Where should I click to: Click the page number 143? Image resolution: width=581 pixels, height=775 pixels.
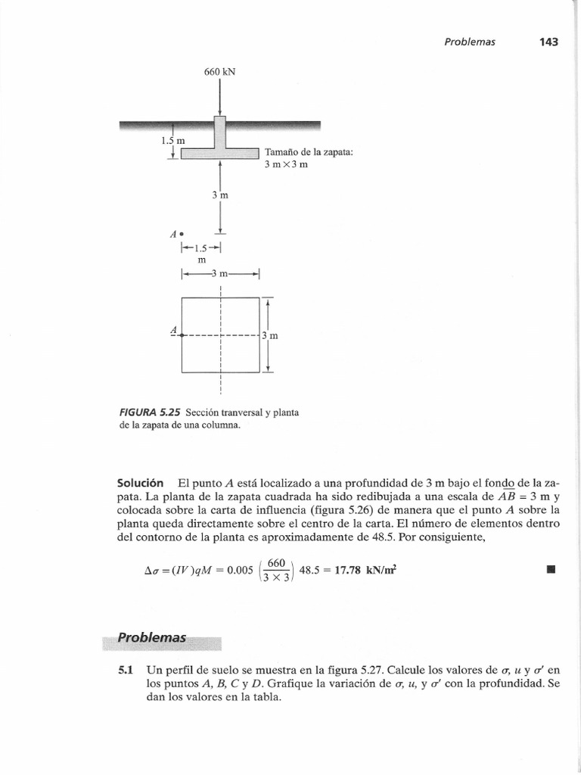pos(548,42)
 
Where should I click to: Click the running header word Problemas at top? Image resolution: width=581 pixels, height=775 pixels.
pos(469,42)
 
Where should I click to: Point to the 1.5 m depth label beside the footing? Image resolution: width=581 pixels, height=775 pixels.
pos(173,140)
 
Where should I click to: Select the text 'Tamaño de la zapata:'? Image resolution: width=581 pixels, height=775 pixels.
pos(309,152)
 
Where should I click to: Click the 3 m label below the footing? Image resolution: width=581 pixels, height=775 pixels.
pos(220,195)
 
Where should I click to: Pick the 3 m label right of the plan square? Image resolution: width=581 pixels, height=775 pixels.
pos(270,335)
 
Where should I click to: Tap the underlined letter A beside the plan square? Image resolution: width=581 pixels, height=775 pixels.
pos(175,331)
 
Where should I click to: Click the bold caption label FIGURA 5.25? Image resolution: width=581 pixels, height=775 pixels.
pos(154,412)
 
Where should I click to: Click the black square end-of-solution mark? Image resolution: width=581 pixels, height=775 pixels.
pos(550,568)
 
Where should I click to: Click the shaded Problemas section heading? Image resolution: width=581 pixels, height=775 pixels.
pos(151,638)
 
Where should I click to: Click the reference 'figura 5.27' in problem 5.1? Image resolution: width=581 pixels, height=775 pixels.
pos(338,670)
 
